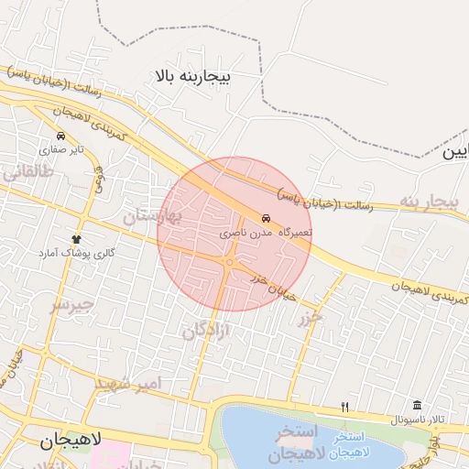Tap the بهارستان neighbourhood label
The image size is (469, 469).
click(x=153, y=216)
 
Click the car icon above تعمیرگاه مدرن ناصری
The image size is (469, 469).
click(x=266, y=220)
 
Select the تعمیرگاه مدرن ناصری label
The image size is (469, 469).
click(x=266, y=234)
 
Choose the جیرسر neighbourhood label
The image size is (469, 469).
click(x=72, y=303)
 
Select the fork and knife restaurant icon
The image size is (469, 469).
click(x=344, y=406)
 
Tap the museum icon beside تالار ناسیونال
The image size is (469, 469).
click(x=417, y=406)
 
